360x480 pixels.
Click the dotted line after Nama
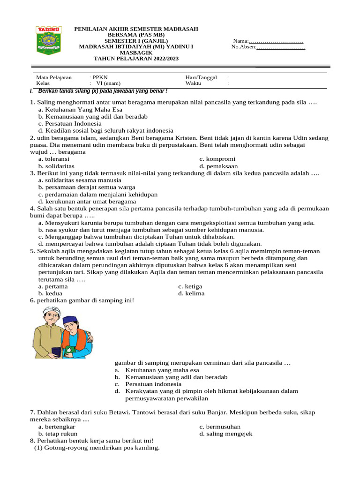(x=276, y=42)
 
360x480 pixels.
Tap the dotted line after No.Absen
(x=281, y=47)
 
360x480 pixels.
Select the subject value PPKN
(x=100, y=77)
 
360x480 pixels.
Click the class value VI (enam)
(x=108, y=83)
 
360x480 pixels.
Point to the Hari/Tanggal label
(x=201, y=77)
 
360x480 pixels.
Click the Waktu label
(x=193, y=83)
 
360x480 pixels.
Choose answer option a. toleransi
(x=54, y=159)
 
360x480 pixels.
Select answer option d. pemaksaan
(x=218, y=166)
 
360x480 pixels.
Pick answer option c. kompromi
(x=217, y=159)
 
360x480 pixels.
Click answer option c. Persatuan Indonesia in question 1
(x=70, y=123)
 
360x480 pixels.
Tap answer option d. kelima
(x=191, y=293)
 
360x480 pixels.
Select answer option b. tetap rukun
(x=58, y=434)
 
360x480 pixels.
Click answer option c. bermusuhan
(x=220, y=427)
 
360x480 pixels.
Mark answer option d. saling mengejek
(x=226, y=434)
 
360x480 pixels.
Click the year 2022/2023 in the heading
(x=158, y=59)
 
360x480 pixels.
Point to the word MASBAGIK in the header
(x=136, y=53)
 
